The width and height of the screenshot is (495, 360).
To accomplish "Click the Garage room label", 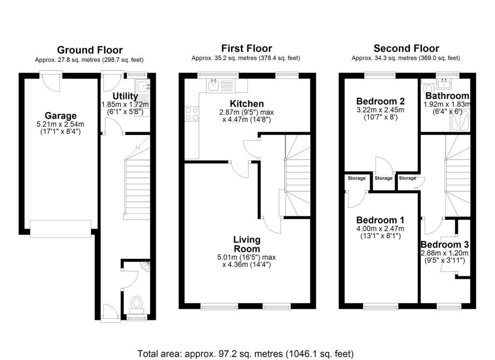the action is pyautogui.click(x=60, y=116).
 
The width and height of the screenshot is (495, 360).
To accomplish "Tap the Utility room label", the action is pyautogui.click(x=125, y=96).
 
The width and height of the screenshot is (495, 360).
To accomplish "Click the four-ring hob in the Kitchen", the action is pyautogui.click(x=191, y=114).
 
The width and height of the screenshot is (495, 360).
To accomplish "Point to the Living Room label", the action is pyautogui.click(x=247, y=244).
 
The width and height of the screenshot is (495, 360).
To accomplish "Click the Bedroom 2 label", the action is pyautogui.click(x=380, y=102).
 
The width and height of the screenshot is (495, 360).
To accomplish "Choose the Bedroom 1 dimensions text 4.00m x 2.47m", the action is pyautogui.click(x=380, y=229).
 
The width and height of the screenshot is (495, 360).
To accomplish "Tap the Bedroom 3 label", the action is pyautogui.click(x=445, y=245).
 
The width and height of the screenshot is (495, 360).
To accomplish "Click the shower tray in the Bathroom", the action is pyautogui.click(x=460, y=120).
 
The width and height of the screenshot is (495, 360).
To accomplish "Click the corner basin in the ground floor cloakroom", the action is pyautogui.click(x=146, y=267).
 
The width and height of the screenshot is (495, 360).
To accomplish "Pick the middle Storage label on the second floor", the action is pyautogui.click(x=383, y=178).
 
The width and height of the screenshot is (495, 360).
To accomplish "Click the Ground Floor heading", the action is pyautogui.click(x=90, y=50).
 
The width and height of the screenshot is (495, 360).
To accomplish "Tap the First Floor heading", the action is pyautogui.click(x=247, y=48).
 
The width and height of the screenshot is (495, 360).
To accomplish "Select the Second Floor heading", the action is pyautogui.click(x=406, y=48).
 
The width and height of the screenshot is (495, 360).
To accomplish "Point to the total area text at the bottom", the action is pyautogui.click(x=246, y=353).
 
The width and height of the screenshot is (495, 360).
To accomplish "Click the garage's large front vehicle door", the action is pyautogui.click(x=60, y=229).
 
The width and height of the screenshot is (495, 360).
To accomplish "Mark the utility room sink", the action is pyautogui.click(x=143, y=86).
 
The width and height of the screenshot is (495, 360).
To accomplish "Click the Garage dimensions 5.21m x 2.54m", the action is pyautogui.click(x=60, y=124).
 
